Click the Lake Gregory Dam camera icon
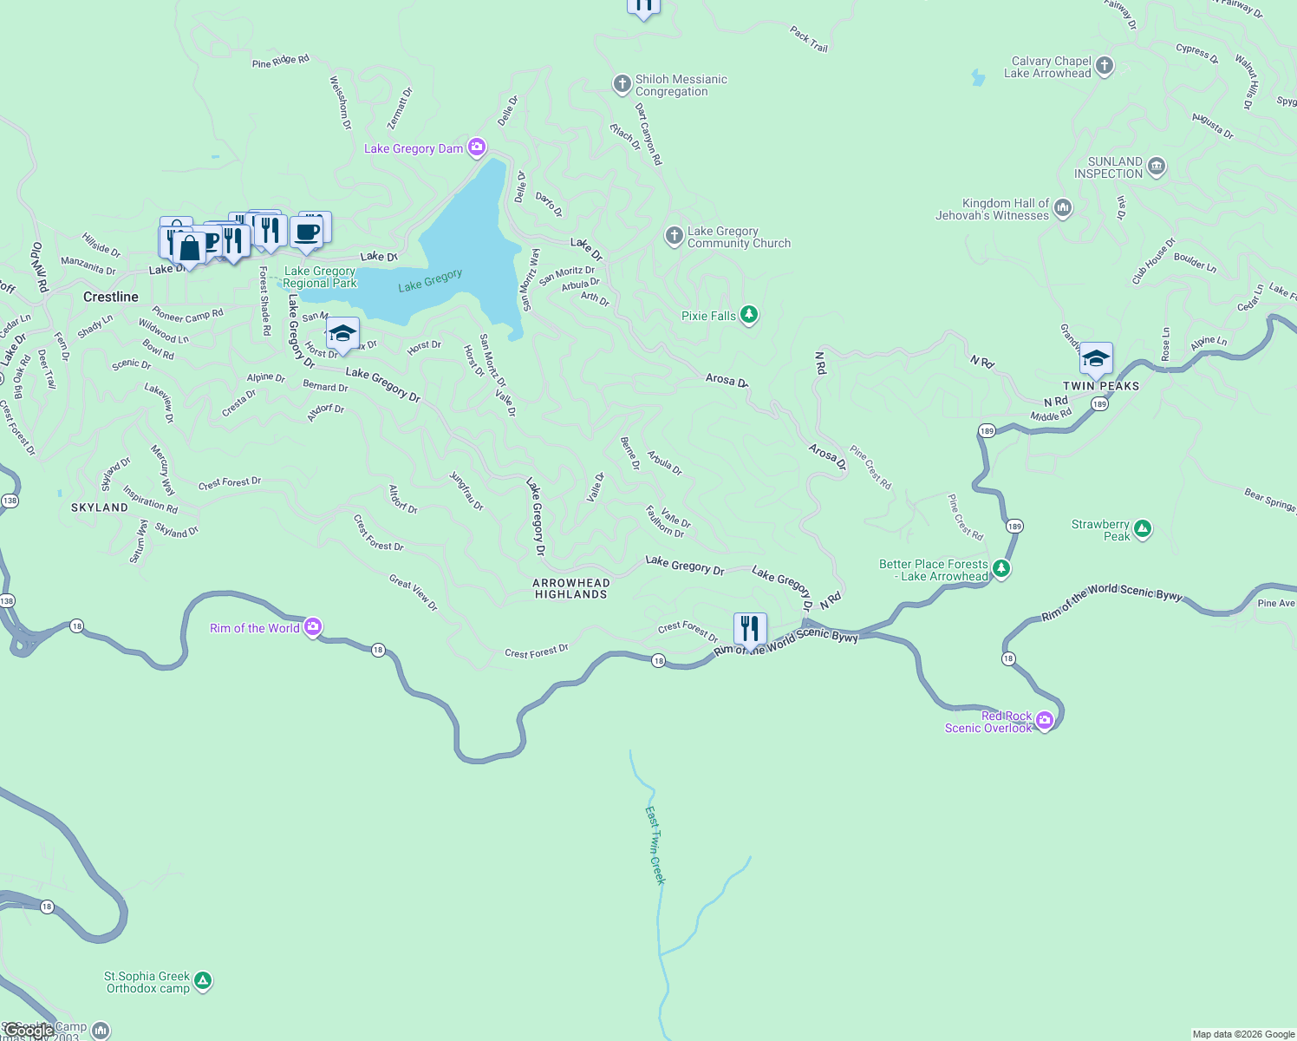pos(477,147)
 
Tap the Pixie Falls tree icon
pos(749,315)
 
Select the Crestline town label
pos(111,297)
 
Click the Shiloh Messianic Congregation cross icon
pos(622,84)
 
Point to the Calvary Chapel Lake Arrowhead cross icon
pos(1104,66)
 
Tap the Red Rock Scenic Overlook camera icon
pos(1045,720)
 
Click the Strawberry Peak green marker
pos(1143,529)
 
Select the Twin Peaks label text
pos(1101,386)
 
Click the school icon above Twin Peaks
pos(1096,357)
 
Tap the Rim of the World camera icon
pos(313,626)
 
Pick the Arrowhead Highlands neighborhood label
pos(570,589)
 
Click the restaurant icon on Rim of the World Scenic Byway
pos(750,629)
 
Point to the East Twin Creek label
pos(655,846)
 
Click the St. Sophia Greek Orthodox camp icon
pos(203,981)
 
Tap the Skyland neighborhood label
pos(99,507)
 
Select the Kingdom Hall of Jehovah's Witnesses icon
pos(1063,208)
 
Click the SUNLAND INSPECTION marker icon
pos(1157,167)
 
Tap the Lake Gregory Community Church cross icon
pos(675,236)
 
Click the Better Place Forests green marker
pos(1001,569)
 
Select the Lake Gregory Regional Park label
pos(319,277)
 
